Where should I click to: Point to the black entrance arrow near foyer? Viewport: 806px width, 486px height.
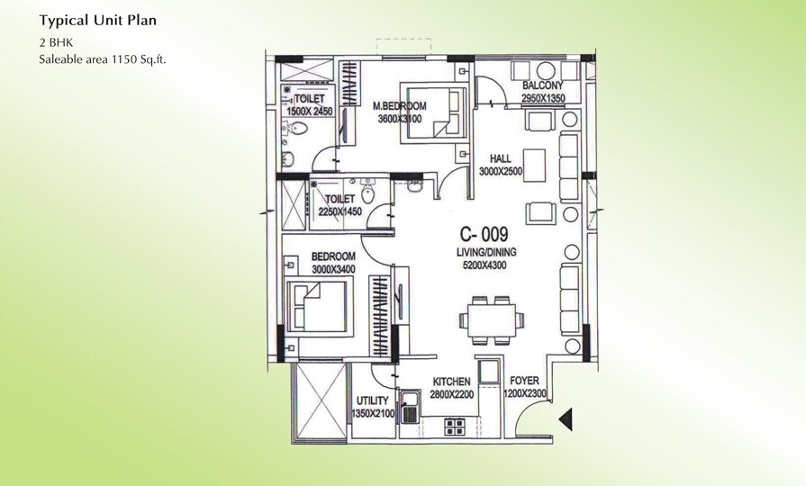[566, 418]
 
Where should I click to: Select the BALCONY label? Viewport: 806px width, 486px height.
[543, 85]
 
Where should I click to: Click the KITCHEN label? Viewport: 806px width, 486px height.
[451, 382]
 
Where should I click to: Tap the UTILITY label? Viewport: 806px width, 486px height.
[372, 400]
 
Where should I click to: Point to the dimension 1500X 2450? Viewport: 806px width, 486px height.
[310, 111]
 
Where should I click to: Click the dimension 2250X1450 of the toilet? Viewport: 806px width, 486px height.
[340, 211]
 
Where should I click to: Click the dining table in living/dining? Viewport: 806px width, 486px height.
[490, 318]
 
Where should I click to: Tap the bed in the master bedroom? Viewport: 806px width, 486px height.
[430, 113]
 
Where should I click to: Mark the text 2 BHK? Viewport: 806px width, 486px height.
[54, 41]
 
